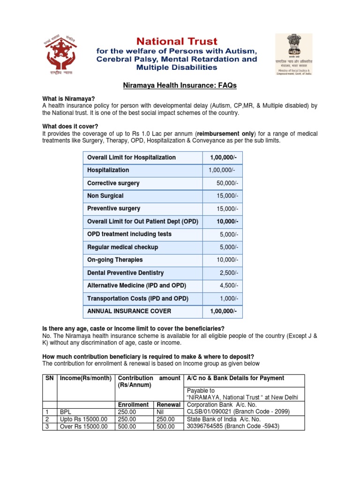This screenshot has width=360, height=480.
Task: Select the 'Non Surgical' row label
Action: pos(105,196)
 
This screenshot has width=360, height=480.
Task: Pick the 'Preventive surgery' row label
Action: pos(113,209)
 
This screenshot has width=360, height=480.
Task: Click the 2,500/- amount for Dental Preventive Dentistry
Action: pos(229,273)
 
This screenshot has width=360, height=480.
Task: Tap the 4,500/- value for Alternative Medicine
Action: pos(229,285)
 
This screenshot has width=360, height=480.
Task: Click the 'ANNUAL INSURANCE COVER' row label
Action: pos(129,311)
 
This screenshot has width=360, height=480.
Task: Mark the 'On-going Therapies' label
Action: pos(115,260)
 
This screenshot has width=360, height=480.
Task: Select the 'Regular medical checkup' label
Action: pos(122,247)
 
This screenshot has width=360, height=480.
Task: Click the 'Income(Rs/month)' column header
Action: pos(86,378)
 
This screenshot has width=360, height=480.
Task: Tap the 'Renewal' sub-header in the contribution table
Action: pos(168,405)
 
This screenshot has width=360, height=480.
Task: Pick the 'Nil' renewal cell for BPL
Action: pos(161,412)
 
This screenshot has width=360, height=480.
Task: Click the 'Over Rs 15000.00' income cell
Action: pos(84,427)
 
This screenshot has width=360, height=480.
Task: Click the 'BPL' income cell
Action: pos(66,412)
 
